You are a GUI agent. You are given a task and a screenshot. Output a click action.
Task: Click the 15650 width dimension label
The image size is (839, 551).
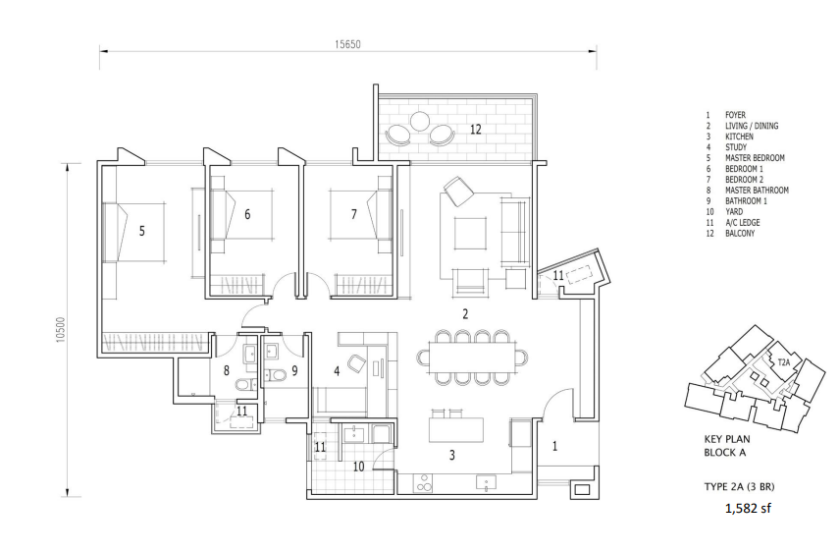tap(347, 44)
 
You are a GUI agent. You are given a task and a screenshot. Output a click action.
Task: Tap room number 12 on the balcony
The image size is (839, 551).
tap(476, 129)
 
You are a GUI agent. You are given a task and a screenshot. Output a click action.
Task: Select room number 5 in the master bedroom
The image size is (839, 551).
tap(141, 231)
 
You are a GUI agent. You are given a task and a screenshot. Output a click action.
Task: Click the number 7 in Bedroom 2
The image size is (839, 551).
tap(353, 214)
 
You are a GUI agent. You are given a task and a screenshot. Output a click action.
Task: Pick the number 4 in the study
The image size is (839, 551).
tap(337, 370)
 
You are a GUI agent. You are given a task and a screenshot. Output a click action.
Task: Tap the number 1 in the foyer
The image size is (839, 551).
tap(554, 446)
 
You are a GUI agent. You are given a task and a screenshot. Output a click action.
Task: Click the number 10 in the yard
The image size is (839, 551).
tap(358, 467)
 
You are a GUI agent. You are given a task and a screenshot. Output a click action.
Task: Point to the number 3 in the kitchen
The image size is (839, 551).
tap(452, 455)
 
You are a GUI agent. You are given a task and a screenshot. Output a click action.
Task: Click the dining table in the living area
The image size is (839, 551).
tap(472, 357)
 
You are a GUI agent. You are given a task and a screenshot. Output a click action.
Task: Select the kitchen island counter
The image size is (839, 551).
tap(456, 430)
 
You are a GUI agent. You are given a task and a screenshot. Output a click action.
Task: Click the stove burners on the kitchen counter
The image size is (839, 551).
tap(423, 482)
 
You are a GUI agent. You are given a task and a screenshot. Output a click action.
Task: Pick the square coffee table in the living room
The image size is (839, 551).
tap(470, 233)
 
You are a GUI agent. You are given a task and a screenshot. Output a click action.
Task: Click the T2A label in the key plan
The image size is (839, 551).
tap(783, 362)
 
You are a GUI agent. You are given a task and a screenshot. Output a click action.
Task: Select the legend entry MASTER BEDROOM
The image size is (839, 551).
tap(755, 158)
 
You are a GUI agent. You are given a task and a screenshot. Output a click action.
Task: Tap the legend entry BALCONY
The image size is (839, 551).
tap(740, 234)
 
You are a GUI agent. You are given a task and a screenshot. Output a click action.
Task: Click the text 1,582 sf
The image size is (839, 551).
tap(748, 508)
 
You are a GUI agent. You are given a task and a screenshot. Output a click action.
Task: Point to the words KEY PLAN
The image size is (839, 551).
tap(726, 439)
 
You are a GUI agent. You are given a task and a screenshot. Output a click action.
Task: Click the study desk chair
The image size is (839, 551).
tap(356, 363)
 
